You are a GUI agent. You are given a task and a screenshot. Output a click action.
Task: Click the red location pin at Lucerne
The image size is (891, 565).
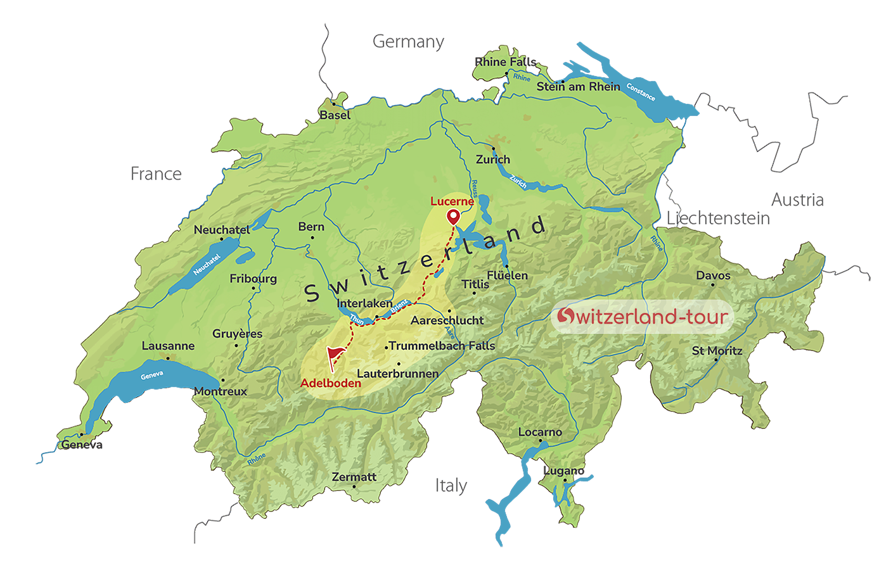click(453, 217)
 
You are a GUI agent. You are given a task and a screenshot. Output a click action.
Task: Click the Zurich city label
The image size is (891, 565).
click(492, 160)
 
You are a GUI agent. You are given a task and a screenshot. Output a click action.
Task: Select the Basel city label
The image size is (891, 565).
click(335, 115)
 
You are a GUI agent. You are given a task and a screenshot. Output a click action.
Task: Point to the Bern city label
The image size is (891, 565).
click(311, 227)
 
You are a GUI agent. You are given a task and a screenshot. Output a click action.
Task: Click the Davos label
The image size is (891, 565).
click(713, 276)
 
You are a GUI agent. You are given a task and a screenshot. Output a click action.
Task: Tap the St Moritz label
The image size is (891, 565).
click(717, 351)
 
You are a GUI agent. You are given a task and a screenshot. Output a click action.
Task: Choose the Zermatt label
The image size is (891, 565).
click(354, 477)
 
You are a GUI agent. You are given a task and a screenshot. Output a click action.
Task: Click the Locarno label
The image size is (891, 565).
click(540, 433)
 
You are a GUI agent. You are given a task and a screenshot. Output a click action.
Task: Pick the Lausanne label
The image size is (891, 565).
click(168, 346)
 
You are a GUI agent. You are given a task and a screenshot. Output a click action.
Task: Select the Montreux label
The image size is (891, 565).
click(221, 391)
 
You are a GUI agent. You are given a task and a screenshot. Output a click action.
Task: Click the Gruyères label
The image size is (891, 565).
click(237, 334)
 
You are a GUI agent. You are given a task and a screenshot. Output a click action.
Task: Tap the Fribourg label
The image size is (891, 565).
click(253, 279)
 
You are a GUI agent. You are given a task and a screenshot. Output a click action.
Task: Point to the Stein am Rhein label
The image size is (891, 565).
click(578, 87)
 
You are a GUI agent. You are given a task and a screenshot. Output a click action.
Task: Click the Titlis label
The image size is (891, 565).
click(475, 284)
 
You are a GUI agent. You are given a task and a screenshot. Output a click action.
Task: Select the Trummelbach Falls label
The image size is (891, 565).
click(442, 346)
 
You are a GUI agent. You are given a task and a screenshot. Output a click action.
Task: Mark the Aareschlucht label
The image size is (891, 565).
click(447, 321)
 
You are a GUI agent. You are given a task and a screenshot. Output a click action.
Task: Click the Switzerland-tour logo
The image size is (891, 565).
click(643, 316)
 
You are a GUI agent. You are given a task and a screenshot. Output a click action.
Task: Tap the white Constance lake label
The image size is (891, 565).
click(641, 92)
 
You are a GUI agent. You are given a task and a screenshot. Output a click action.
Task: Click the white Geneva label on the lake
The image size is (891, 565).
click(152, 376)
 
